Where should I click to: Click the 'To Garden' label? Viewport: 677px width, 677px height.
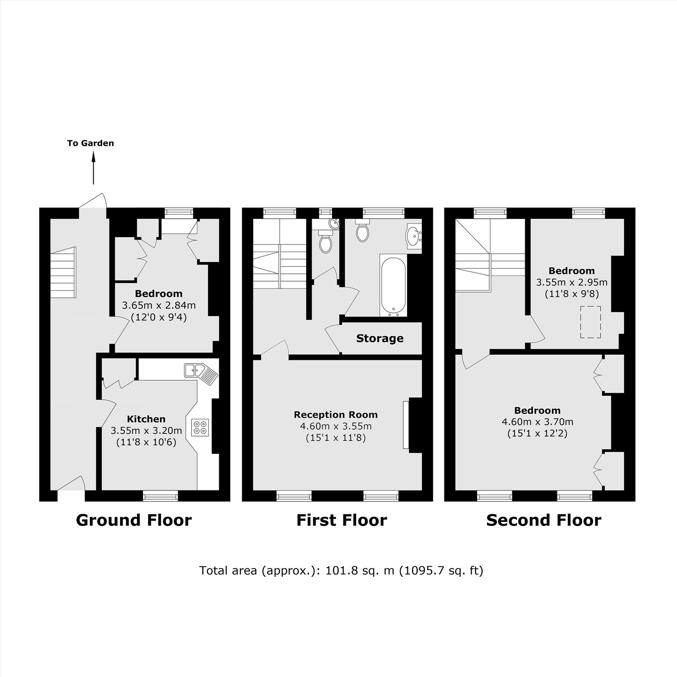pos(90,143)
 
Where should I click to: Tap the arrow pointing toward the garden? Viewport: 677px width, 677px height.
pos(93,168)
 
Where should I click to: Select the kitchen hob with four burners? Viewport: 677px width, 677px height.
pos(200,428)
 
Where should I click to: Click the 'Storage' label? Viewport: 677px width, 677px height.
pos(380,338)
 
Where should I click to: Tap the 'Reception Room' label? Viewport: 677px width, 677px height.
pos(336,415)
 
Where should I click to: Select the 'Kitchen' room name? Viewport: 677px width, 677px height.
pos(146,419)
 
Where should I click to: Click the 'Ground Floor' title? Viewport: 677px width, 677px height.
pos(134,520)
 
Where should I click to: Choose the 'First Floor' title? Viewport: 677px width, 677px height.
pos(342,520)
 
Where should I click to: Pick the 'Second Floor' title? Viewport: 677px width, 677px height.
pos(544,520)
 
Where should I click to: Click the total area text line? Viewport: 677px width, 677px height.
pos(341,571)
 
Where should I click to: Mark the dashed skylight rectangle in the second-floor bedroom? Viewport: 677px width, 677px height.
pos(590,322)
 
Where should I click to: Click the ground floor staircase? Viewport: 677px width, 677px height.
pos(63,272)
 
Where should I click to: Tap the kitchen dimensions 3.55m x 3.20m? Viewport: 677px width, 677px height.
pos(146,430)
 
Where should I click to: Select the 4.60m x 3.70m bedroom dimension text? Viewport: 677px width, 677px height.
pos(538,421)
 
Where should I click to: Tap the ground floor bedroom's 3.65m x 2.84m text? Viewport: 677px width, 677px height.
pos(159,305)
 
